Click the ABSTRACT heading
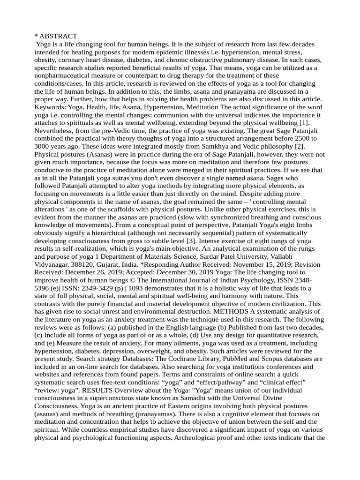point(58,36)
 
